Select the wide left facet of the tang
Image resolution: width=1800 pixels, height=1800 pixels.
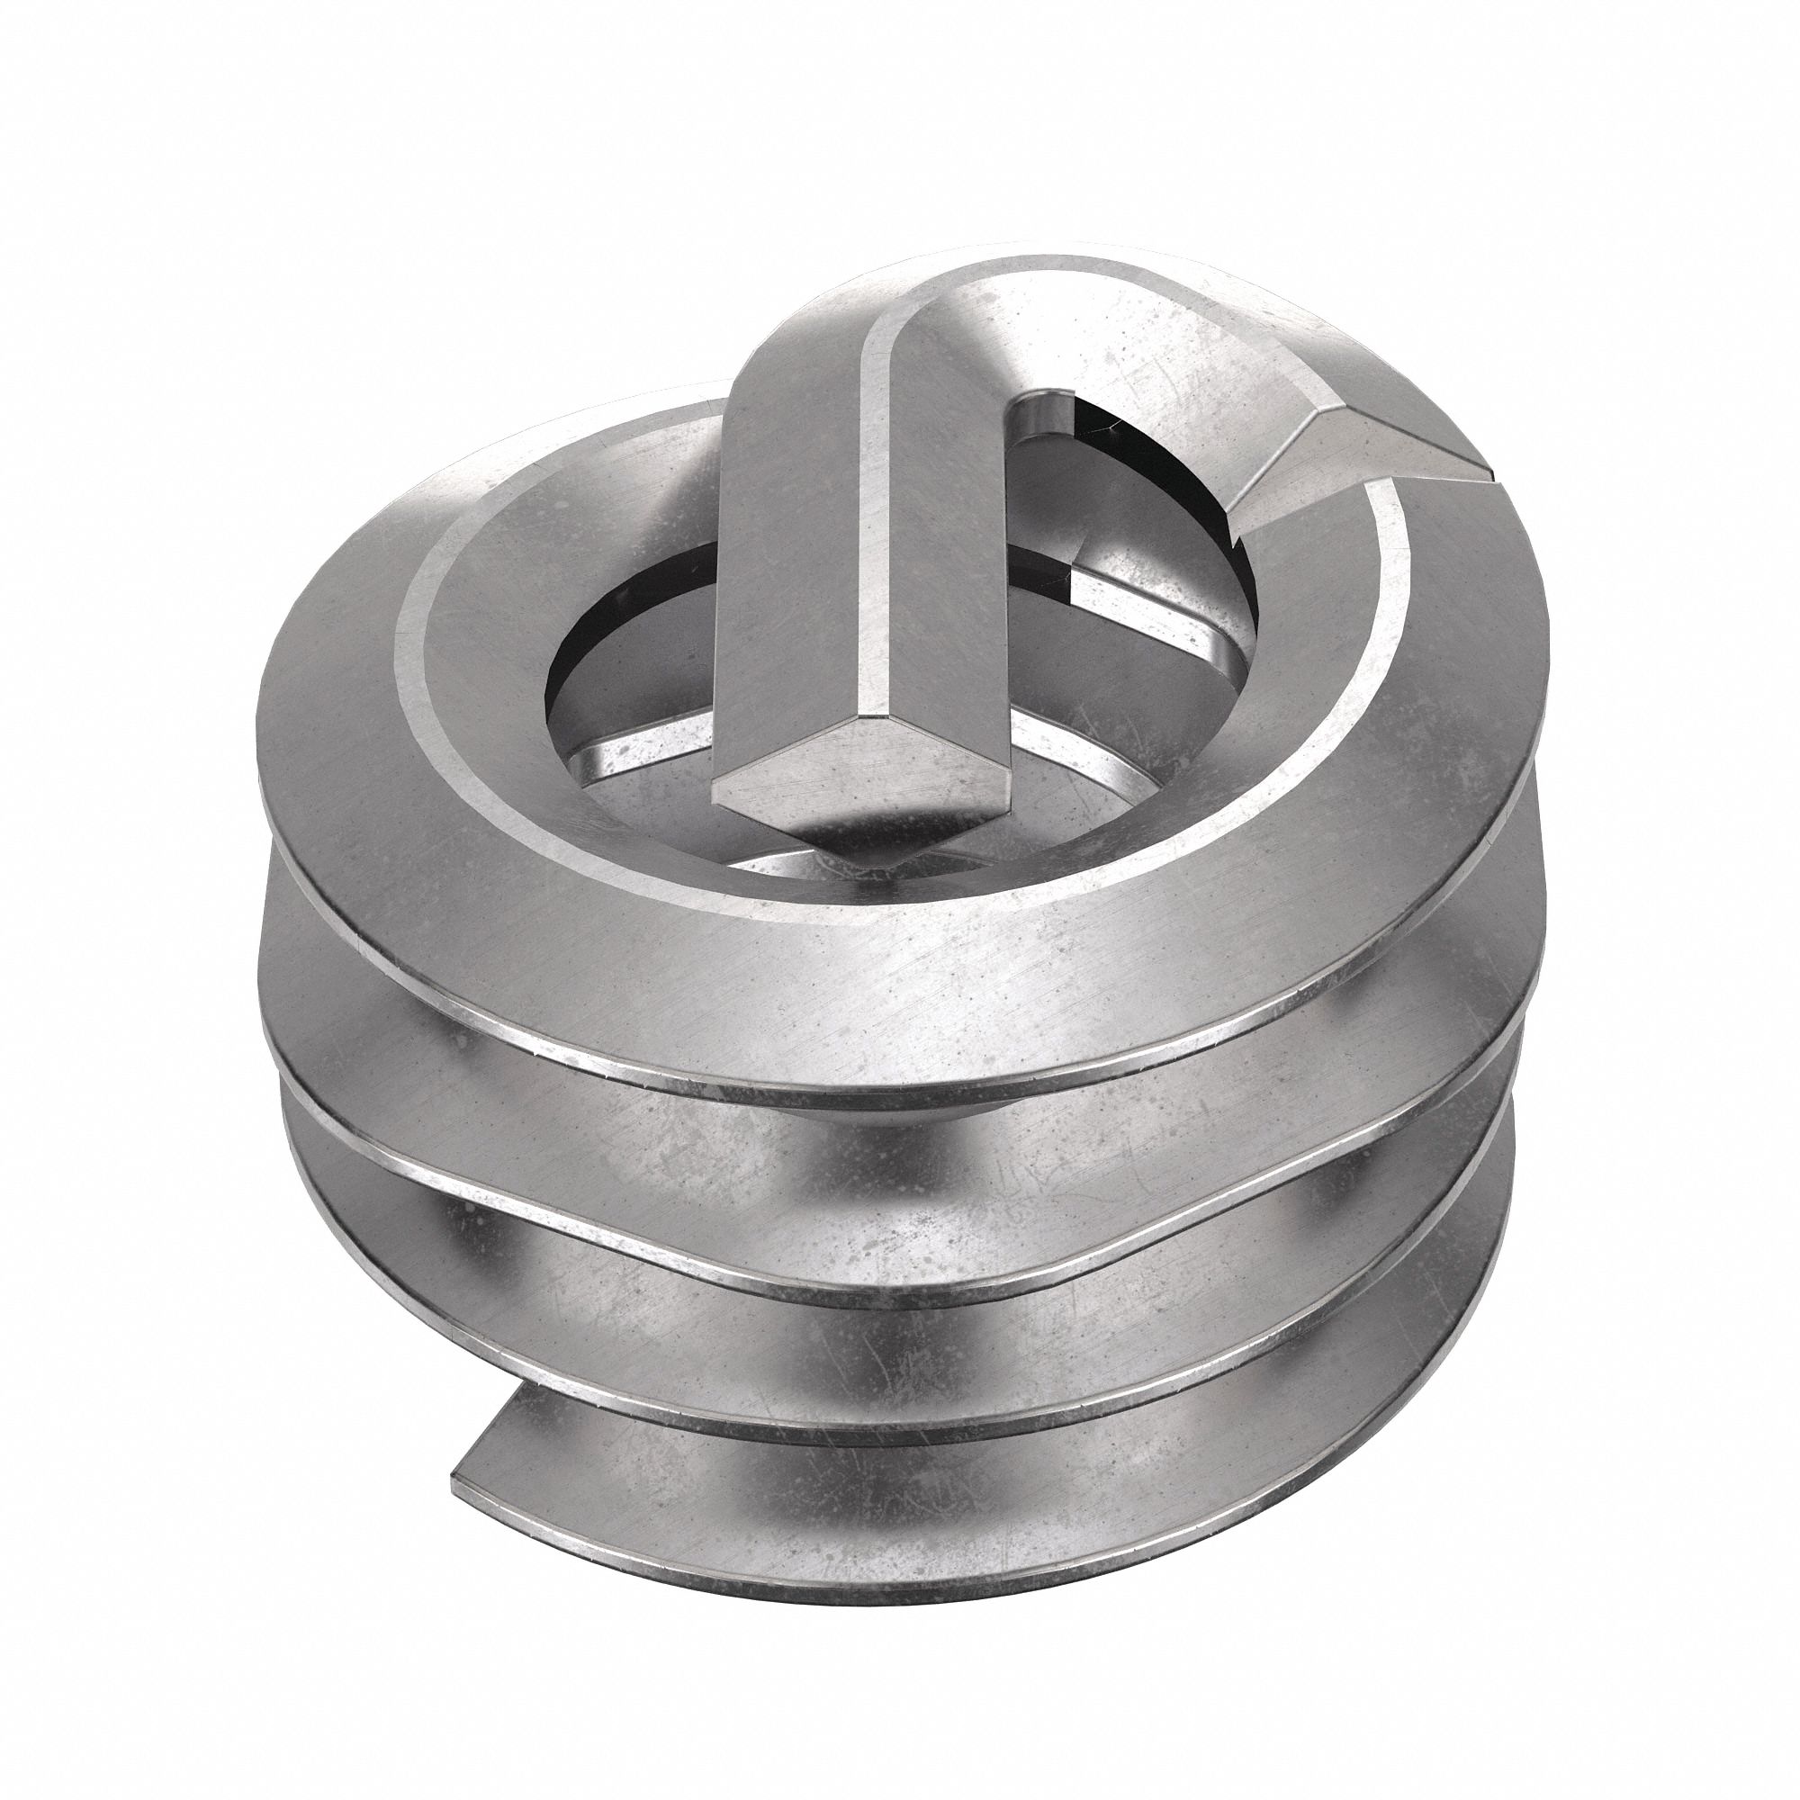pos(792,522)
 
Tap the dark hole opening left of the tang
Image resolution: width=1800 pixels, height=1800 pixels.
pos(625,643)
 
